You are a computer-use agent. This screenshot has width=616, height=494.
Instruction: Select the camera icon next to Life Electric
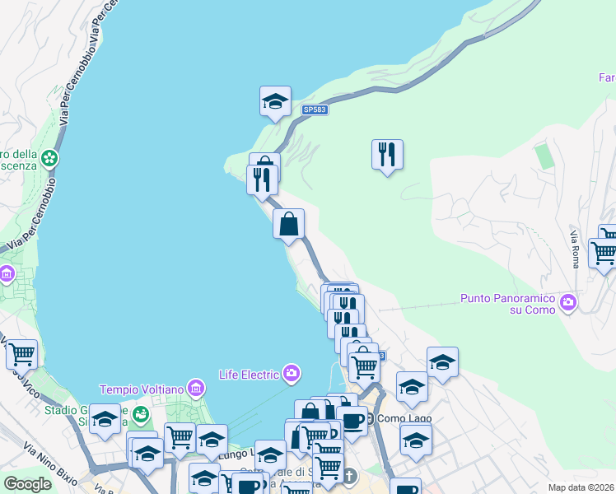292,375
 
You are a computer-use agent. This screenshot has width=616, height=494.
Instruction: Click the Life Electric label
250,375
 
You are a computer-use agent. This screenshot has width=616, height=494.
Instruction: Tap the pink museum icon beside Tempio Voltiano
195,387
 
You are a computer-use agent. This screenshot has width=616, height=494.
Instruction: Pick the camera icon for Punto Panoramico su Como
567,304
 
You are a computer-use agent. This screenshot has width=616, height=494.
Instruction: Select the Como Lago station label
404,418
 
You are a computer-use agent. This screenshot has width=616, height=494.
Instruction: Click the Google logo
27,483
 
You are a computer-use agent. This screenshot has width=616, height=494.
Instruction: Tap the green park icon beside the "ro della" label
50,156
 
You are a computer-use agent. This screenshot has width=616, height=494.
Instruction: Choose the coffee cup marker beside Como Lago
353,421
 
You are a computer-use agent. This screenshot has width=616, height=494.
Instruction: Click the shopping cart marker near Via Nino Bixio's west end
21,355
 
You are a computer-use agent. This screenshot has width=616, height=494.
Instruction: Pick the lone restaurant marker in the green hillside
387,154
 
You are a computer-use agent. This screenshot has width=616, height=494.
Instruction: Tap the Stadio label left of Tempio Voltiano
67,410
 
